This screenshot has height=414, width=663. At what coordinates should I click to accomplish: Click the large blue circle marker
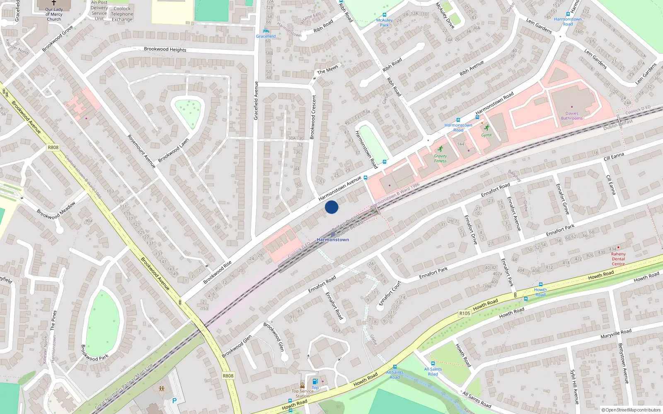point(331,207)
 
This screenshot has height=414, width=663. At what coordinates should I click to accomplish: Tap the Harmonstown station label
point(333,240)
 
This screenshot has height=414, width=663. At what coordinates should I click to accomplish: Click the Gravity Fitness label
point(440,159)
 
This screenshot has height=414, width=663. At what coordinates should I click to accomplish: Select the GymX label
point(486,135)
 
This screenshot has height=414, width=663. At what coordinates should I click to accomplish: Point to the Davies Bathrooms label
point(571,116)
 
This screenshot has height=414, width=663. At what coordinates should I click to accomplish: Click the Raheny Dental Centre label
point(618,259)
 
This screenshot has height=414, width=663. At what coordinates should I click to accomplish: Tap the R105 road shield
point(465,313)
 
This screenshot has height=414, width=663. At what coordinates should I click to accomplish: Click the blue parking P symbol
point(174,401)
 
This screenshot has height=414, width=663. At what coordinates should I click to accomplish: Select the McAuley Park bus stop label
point(384,22)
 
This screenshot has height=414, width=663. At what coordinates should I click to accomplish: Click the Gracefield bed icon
point(266,31)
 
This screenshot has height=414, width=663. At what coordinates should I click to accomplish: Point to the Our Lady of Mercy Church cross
point(54,2)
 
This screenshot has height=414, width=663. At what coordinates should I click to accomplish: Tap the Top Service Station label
point(302,393)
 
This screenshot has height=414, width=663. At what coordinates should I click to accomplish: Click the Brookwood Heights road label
point(165,49)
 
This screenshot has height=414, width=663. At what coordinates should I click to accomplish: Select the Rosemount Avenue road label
point(141,151)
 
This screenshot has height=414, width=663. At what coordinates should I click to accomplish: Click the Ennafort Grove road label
point(562,199)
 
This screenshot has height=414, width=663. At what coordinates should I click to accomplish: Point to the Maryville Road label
point(616,334)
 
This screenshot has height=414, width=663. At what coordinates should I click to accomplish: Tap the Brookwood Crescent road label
point(313,117)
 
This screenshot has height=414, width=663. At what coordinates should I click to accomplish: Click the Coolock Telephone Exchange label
point(122,14)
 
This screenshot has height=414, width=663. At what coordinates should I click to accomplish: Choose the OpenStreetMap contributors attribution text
point(631,410)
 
